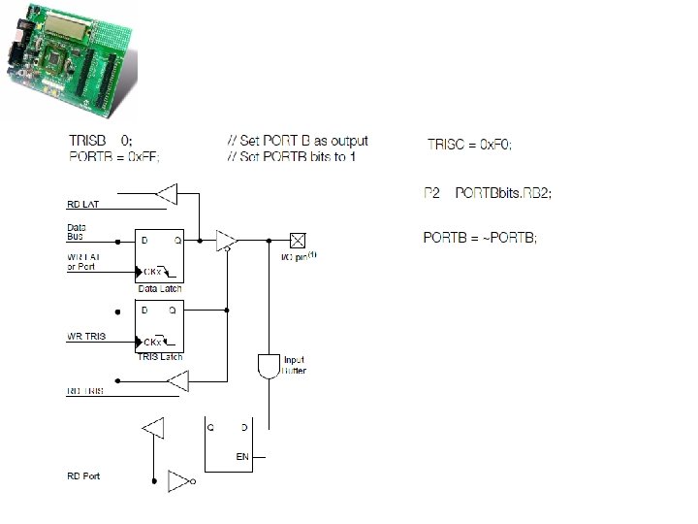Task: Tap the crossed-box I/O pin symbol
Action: point(298,238)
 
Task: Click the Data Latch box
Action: point(160,255)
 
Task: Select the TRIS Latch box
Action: point(160,331)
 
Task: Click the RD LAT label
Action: point(83,206)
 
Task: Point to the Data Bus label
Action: point(77,231)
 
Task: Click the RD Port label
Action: point(83,476)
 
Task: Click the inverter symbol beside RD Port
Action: point(179,480)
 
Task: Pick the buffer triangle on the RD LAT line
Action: point(168,194)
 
